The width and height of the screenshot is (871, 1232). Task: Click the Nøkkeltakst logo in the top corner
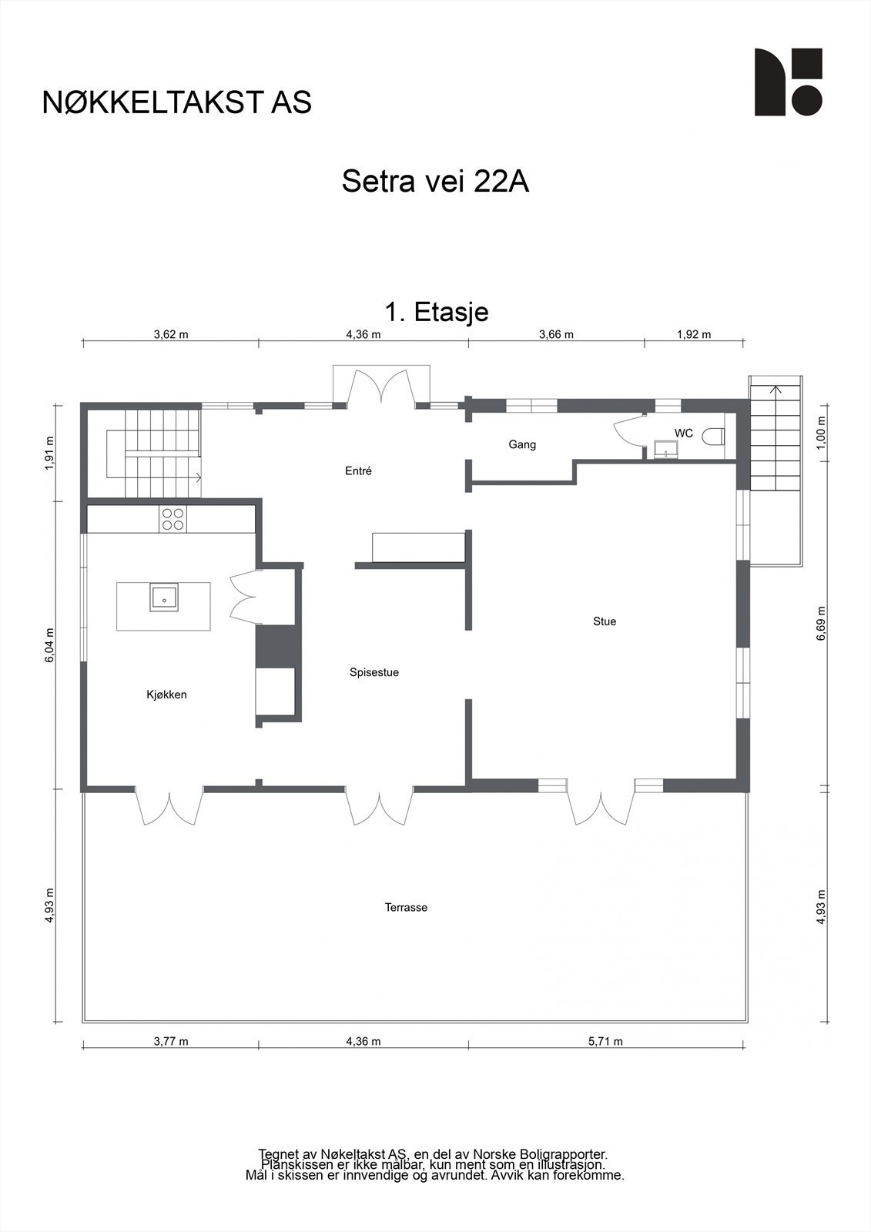click(x=788, y=82)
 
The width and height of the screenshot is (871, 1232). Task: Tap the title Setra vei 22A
click(x=435, y=182)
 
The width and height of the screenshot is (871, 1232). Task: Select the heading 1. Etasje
click(x=436, y=312)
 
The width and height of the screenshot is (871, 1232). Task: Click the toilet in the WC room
click(x=714, y=437)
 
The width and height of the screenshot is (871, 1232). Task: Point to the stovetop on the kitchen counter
click(x=173, y=518)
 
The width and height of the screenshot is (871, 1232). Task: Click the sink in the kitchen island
click(x=164, y=598)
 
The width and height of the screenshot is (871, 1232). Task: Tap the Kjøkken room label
click(x=166, y=695)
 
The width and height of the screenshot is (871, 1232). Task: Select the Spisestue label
click(x=374, y=672)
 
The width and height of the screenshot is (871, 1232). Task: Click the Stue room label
click(x=605, y=621)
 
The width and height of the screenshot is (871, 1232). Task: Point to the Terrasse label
click(x=406, y=907)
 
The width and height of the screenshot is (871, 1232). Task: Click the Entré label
click(x=358, y=470)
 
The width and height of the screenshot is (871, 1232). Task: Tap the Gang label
click(x=522, y=444)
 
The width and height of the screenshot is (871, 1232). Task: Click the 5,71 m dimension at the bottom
click(x=605, y=1041)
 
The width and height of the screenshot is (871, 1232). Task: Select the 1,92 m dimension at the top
click(x=693, y=334)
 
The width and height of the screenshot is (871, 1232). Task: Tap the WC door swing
click(x=628, y=430)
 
